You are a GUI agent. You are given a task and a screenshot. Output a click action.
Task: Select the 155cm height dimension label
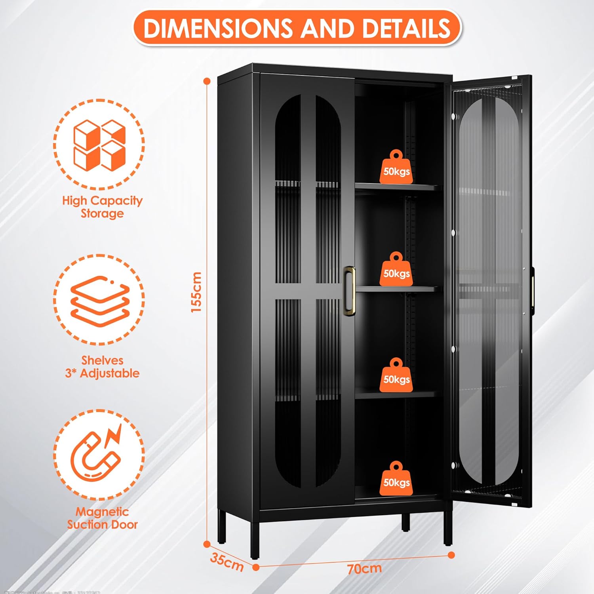196,292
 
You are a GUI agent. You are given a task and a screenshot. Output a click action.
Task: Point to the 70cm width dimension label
364,569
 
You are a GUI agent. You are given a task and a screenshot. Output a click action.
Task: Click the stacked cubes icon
99,145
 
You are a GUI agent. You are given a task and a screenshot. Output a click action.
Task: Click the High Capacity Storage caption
102,207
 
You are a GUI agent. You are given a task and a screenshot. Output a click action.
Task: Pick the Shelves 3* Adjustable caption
102,367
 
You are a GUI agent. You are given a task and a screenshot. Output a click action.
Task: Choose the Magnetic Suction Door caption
102,518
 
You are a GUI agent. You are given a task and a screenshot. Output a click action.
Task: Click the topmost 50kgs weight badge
396,168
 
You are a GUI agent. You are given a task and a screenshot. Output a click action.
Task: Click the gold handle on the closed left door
349,291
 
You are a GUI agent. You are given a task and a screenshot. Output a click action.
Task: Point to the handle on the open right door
532,291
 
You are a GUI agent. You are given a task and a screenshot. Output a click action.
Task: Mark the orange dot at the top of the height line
207,81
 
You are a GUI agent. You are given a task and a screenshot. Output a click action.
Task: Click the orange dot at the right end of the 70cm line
451,555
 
